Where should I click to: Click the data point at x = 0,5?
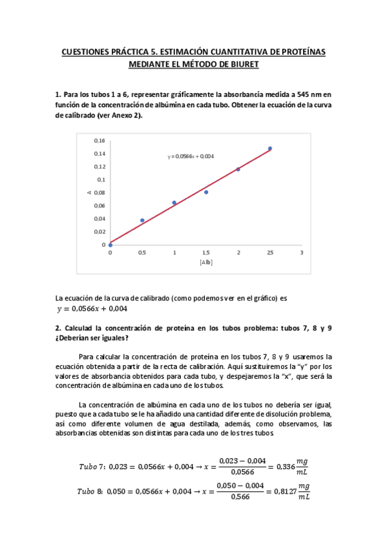[142, 220]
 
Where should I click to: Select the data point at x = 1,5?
[206, 192]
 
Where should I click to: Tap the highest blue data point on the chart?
[270, 149]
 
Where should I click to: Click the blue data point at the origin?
[110, 245]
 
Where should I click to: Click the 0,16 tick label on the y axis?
[99, 140]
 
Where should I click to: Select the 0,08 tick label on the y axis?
[99, 193]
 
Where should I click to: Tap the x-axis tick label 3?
[302, 253]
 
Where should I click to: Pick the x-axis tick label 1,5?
[206, 253]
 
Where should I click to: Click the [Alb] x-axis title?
[206, 263]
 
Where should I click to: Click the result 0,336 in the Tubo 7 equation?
[278, 467]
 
